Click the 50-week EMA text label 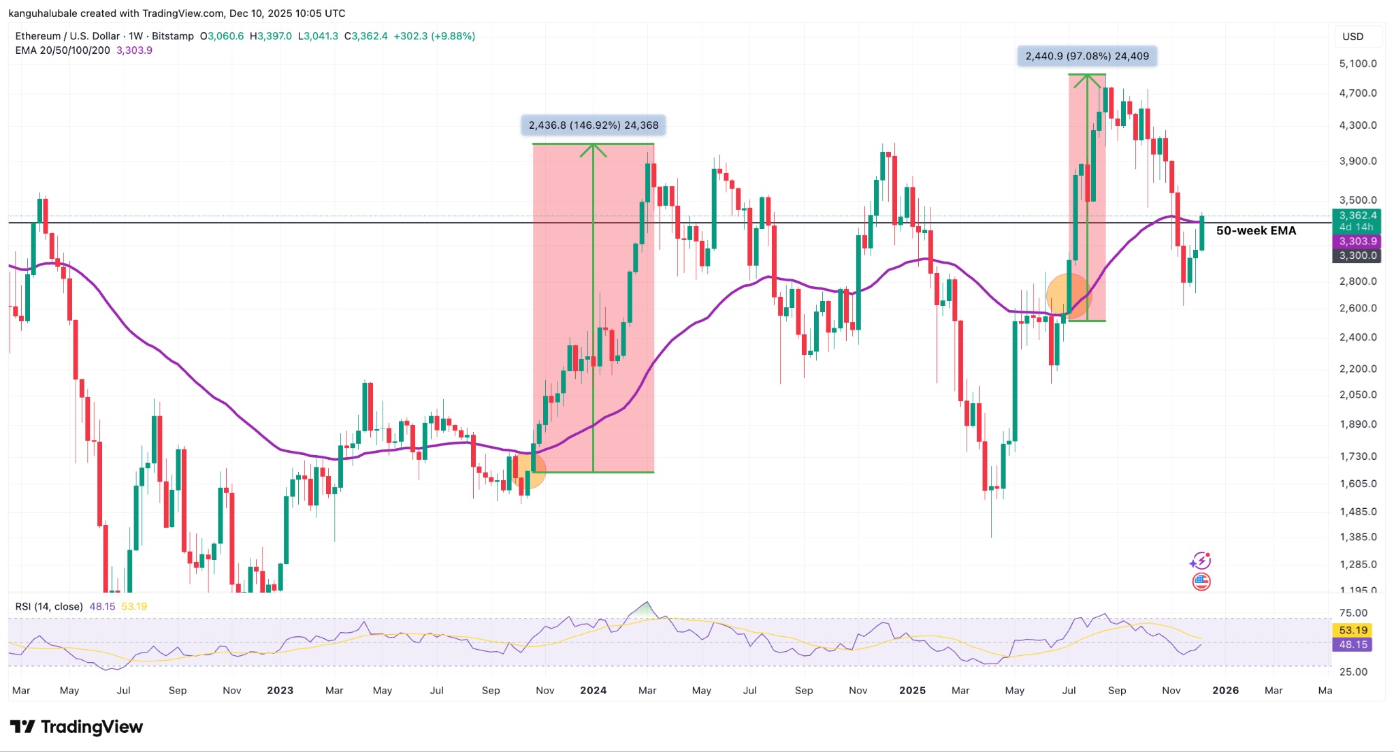1256,231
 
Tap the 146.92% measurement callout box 593,125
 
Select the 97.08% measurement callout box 1087,57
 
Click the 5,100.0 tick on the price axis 1357,63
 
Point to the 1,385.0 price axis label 1357,537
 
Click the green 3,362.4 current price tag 1357,216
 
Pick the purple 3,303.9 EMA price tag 1357,241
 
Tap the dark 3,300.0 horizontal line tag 1357,255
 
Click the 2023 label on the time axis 280,690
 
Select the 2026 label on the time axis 1225,690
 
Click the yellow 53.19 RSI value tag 1352,630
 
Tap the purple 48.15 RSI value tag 1352,644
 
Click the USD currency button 1352,37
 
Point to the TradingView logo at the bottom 77,727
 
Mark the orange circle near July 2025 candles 1068,296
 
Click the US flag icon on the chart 1201,582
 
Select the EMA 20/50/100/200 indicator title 63,50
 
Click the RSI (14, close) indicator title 49,606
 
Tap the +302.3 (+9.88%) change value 434,36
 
